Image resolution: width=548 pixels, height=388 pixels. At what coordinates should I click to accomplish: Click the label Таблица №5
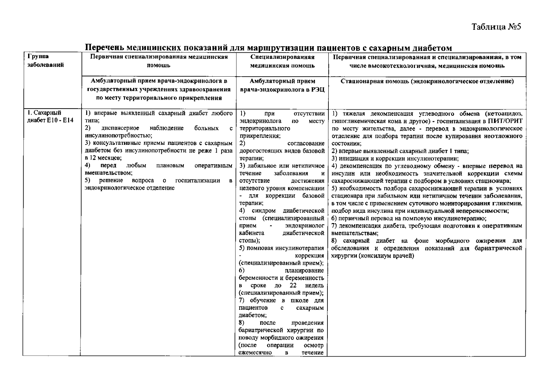[496, 27]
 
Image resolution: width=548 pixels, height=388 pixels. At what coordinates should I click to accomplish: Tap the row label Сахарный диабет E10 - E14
[50, 117]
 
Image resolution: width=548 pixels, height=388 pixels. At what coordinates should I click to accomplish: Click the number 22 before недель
[293, 286]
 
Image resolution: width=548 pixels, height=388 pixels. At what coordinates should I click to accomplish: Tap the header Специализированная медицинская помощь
[282, 61]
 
